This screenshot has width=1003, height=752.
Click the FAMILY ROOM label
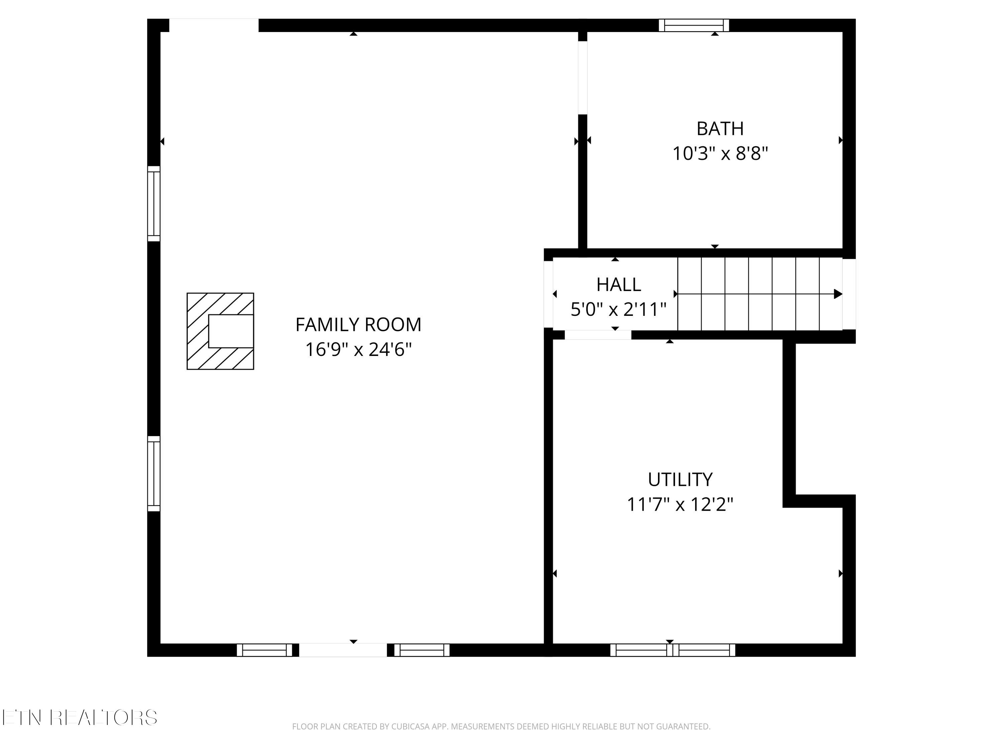pyautogui.click(x=358, y=325)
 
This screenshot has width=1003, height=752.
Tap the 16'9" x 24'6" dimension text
pyautogui.click(x=358, y=350)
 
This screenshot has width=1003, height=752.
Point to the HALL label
pyautogui.click(x=619, y=285)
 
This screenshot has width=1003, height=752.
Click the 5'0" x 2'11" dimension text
pyautogui.click(x=619, y=309)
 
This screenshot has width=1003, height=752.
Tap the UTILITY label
pyautogui.click(x=680, y=479)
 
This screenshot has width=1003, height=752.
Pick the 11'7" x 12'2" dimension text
pyautogui.click(x=680, y=504)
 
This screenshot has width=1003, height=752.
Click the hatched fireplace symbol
pyautogui.click(x=220, y=331)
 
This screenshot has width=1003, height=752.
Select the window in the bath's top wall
pyautogui.click(x=694, y=25)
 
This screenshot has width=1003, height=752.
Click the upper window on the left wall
pyautogui.click(x=154, y=204)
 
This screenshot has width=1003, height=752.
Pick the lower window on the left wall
pyautogui.click(x=154, y=474)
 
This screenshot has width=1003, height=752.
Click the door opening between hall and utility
pyautogui.click(x=598, y=335)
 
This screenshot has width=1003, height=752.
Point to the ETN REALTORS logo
pyautogui.click(x=80, y=718)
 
